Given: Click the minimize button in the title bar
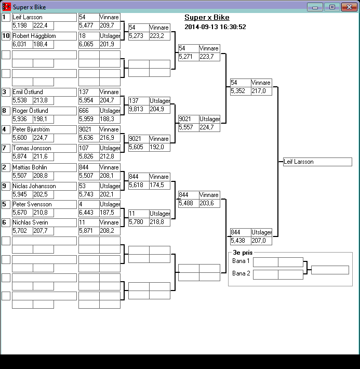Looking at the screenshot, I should (315, 7).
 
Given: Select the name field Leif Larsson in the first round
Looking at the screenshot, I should (44, 18).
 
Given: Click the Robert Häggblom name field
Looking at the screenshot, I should (44, 36).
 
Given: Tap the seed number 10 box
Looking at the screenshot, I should (6, 36).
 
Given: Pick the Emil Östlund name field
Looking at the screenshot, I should (44, 93).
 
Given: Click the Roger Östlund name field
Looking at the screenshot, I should (44, 111).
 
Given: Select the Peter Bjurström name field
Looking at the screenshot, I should (44, 130).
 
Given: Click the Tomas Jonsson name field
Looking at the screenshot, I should (44, 149).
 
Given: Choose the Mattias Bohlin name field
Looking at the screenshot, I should (44, 167).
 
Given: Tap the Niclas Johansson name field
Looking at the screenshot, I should (44, 186).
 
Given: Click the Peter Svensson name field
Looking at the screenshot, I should (44, 205).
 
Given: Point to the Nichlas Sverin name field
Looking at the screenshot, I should (44, 223).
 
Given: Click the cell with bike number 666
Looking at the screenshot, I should (89, 111).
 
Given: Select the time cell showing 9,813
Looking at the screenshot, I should (139, 109).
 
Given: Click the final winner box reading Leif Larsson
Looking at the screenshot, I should (317, 162).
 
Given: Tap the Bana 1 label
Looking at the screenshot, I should (241, 261).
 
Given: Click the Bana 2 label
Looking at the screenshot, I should (241, 273).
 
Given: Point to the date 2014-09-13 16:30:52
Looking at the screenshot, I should (215, 27).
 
